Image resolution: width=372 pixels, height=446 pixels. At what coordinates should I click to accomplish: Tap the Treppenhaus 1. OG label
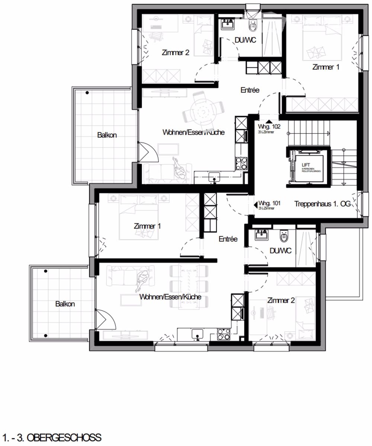point(322,204)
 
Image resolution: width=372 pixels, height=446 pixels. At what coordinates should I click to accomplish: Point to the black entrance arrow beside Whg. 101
point(255,204)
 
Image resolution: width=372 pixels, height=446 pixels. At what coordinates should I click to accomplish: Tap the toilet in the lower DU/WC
point(284,236)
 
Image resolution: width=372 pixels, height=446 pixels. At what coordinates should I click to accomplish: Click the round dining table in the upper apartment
point(203,110)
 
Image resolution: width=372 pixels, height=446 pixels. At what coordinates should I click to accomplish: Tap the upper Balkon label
point(107,135)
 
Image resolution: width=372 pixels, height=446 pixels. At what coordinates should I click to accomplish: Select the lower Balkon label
point(65,304)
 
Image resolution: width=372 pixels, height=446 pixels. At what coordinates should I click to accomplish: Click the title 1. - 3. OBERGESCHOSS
point(51,437)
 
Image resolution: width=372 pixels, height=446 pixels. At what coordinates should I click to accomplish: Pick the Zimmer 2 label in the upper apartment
point(176,52)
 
